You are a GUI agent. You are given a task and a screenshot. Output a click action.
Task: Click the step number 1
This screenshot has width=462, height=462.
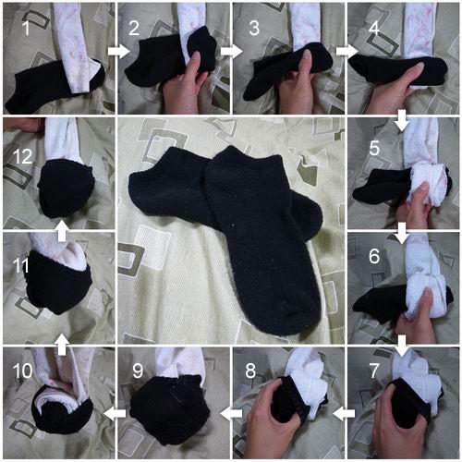pyautogui.click(x=27, y=28)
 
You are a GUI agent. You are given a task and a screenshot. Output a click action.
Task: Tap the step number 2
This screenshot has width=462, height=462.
pyautogui.click(x=134, y=28)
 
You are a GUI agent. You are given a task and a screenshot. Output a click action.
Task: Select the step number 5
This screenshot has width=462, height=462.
pyautogui.click(x=374, y=148)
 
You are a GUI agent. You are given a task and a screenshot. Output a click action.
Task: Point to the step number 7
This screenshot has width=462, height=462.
pyautogui.click(x=374, y=371)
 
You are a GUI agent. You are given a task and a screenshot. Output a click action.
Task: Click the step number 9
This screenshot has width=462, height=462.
pyautogui.click(x=138, y=371)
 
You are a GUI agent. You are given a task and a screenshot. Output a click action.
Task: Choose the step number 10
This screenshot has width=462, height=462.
pyautogui.click(x=22, y=371)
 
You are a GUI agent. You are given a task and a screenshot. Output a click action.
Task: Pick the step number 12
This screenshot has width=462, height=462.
pyautogui.click(x=22, y=157)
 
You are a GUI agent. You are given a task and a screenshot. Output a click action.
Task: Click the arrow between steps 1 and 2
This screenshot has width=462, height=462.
pyautogui.click(x=119, y=51)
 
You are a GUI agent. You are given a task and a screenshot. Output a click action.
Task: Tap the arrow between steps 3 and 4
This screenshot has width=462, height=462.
pyautogui.click(x=346, y=51)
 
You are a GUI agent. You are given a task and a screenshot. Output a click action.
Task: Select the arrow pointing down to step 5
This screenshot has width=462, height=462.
pyautogui.click(x=402, y=120)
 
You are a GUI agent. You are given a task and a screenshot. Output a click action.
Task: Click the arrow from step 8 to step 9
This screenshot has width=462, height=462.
pyautogui.click(x=231, y=414)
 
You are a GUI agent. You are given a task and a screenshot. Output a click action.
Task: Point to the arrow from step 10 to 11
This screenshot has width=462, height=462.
pyautogui.click(x=62, y=345)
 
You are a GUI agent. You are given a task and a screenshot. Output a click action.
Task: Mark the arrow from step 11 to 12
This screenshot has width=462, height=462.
pyautogui.click(x=62, y=231)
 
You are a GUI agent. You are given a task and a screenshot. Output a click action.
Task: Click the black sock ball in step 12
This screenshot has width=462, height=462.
pyautogui.click(x=66, y=188)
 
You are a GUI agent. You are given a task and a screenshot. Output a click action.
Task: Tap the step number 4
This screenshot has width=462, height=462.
pyautogui.click(x=374, y=28)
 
